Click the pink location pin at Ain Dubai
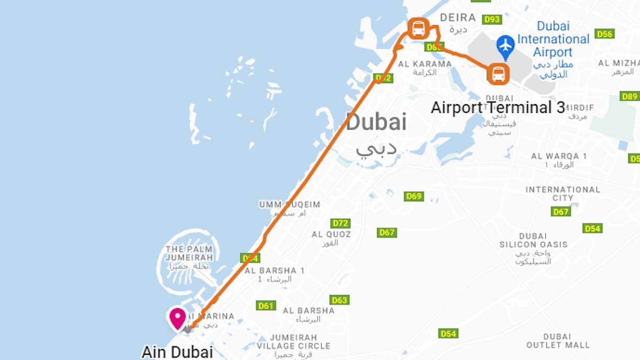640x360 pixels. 178,318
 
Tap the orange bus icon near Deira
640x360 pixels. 418,28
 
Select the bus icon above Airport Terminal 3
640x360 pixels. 498,73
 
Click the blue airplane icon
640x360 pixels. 505,45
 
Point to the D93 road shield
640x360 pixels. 492,19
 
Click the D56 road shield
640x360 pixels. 604,34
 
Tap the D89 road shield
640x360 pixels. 630,96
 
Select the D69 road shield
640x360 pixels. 414,196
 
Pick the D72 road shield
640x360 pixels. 340,223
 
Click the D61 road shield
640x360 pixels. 266,306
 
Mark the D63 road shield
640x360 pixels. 339,300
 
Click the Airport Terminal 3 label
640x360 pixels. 498,108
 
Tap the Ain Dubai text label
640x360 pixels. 177,352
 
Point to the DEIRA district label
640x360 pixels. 458,18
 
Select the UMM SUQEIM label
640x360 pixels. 290,204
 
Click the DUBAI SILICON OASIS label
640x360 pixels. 533,240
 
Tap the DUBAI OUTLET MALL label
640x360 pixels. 558,341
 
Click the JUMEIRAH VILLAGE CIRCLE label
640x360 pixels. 293,342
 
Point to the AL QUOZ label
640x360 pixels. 332,234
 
